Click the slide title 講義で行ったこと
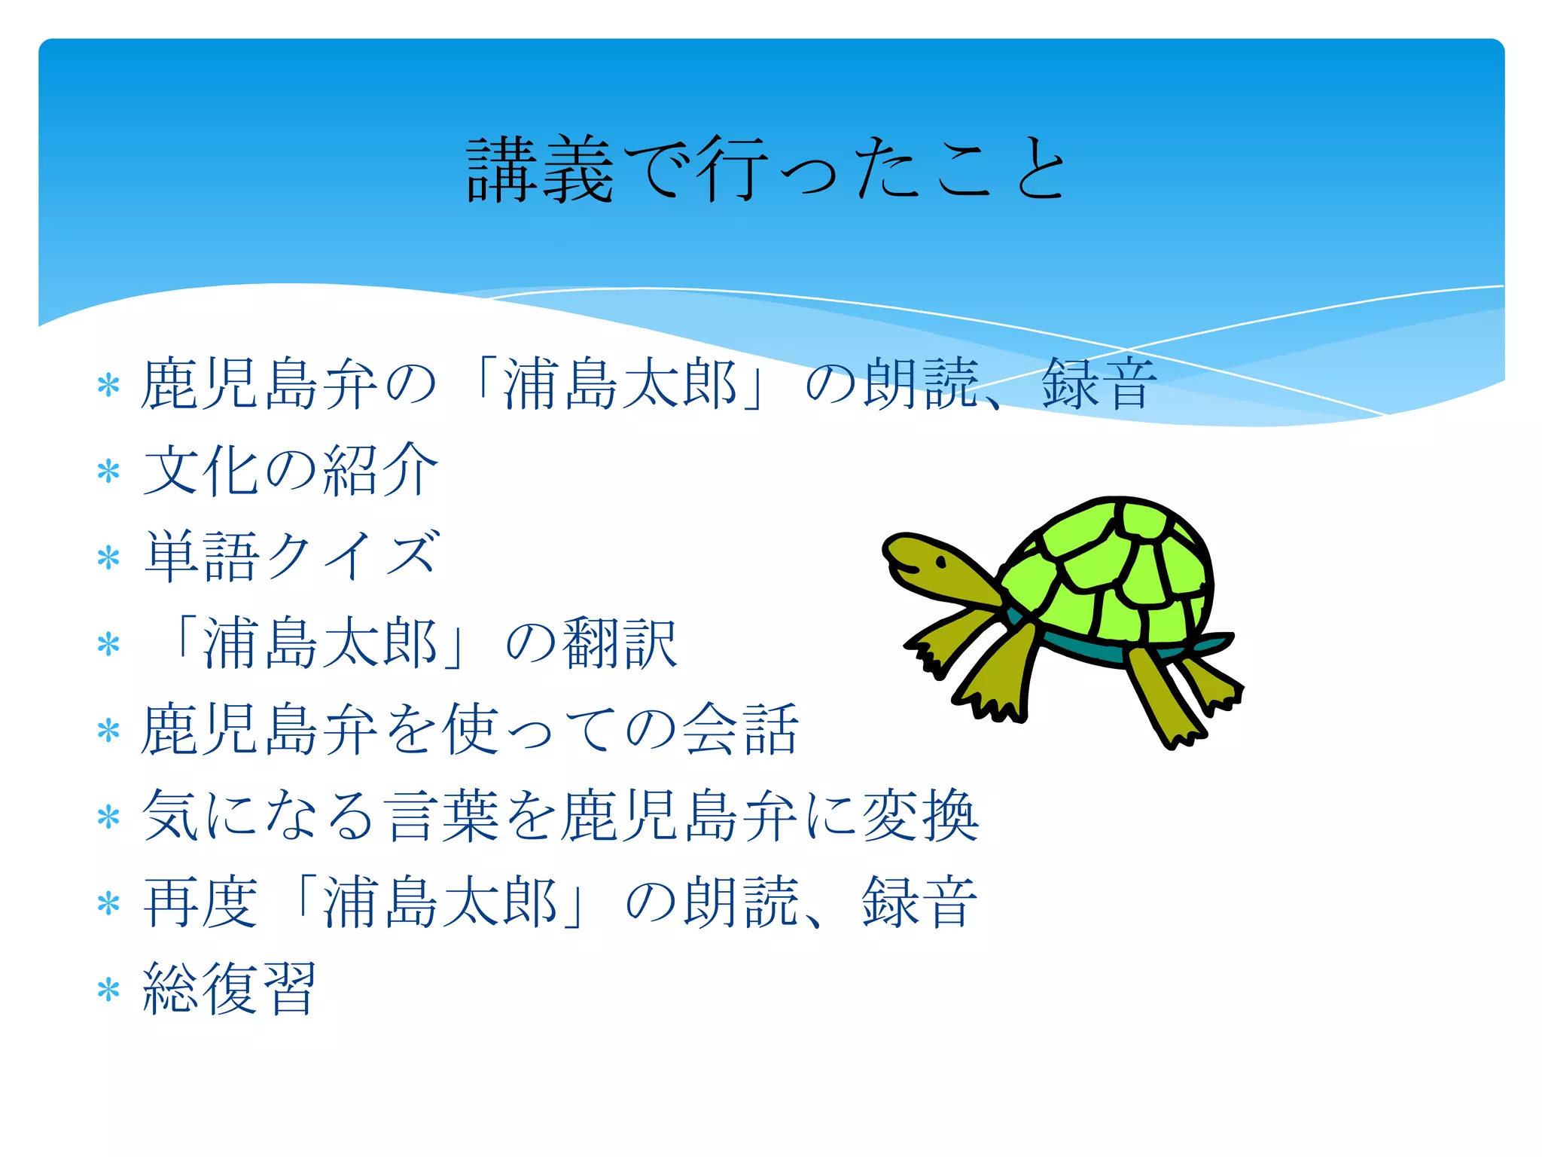(766, 169)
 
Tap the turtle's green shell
(1114, 572)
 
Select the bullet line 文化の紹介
(290, 470)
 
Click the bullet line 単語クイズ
(290, 557)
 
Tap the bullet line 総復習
(230, 989)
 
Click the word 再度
(200, 902)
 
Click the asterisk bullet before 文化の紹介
(108, 472)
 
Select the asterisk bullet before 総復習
(108, 991)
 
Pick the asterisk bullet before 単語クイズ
(108, 558)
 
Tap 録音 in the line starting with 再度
(919, 902)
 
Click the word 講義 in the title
(540, 169)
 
